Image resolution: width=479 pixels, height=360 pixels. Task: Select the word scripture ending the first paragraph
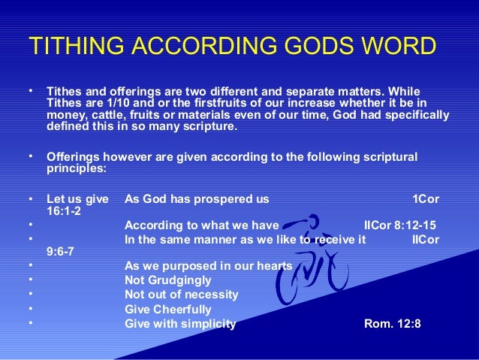tap(209, 127)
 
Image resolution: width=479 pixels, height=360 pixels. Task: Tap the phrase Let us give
tap(77, 199)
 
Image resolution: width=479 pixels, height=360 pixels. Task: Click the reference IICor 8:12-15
tap(399, 224)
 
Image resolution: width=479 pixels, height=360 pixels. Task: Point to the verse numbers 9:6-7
tap(59, 253)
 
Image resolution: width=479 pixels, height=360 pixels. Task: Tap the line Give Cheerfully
tap(167, 309)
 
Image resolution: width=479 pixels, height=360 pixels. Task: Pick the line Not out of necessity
tap(181, 295)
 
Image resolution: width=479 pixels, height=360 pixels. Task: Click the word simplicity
tap(204, 324)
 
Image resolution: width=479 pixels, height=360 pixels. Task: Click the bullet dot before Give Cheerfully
tap(29, 309)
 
